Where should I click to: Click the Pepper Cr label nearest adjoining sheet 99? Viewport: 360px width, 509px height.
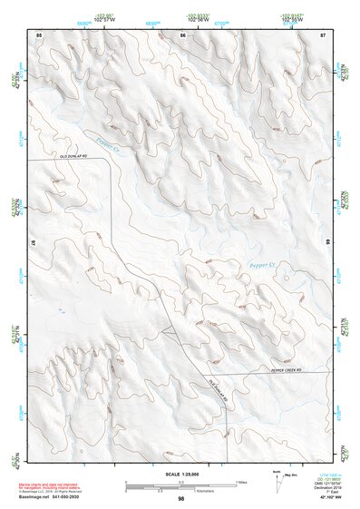point(268,265)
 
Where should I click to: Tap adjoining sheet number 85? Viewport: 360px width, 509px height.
point(39,34)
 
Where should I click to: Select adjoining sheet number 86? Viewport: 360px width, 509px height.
point(182,34)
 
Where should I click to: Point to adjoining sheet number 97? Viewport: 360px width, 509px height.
point(32,245)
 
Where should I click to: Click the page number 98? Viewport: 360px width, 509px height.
point(181,499)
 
